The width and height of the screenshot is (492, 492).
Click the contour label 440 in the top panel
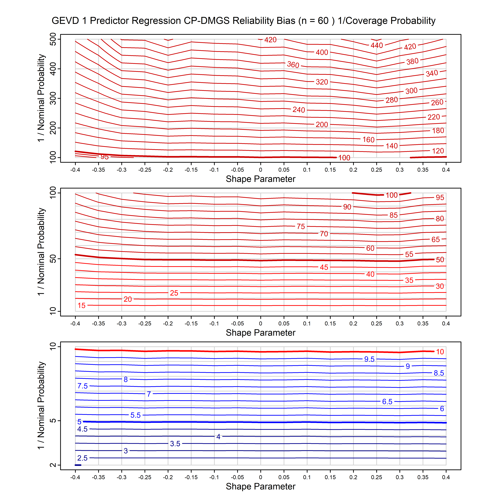click(377, 45)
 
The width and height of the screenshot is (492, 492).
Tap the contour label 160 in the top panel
click(368, 140)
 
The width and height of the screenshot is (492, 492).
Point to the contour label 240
click(299, 110)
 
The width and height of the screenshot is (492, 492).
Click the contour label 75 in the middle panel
click(301, 226)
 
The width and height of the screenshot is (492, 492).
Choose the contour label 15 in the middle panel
click(81, 305)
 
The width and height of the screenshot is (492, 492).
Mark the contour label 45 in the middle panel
click(324, 267)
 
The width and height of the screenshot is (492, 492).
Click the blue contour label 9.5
click(369, 359)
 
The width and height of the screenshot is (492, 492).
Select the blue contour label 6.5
click(387, 402)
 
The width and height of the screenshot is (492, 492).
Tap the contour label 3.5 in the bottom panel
click(175, 444)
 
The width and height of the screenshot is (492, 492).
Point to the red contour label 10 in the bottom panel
click(440, 352)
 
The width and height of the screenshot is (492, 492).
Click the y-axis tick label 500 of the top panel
click(53, 39)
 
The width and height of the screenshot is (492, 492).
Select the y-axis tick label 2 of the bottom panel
click(53, 465)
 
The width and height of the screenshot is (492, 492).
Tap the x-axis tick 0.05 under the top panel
click(284, 170)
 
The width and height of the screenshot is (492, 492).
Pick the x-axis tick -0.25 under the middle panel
click(145, 324)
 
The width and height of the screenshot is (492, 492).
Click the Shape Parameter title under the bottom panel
click(261, 486)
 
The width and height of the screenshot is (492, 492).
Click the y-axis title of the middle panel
click(41, 252)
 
